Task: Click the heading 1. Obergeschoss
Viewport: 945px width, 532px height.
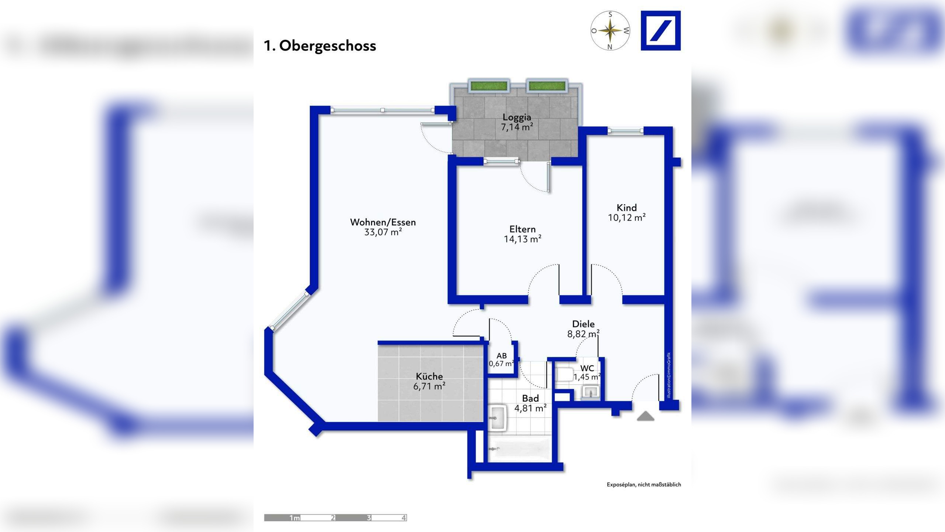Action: point(320,46)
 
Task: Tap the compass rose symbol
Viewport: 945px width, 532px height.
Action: point(610,31)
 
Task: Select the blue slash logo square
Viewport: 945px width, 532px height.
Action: point(660,31)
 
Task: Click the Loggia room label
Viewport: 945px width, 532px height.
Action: point(517,117)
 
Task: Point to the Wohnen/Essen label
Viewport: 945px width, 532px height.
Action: point(383,222)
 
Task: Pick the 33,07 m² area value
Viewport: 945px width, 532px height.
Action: point(383,232)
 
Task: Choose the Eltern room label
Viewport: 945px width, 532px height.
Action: point(522,229)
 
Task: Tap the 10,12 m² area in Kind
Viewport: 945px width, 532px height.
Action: point(627,218)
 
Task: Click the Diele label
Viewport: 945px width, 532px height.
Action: point(583,324)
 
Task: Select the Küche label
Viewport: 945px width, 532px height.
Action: point(429,376)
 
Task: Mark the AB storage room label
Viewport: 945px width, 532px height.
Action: point(502,356)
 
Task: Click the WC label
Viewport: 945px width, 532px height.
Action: point(587,368)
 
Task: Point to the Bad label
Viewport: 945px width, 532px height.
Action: point(530,398)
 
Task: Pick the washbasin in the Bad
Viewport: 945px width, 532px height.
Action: point(497,418)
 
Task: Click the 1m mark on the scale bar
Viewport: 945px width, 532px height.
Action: point(295,518)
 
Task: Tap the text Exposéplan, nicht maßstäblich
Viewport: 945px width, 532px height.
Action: point(644,484)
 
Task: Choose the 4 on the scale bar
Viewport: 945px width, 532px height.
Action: point(404,518)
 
